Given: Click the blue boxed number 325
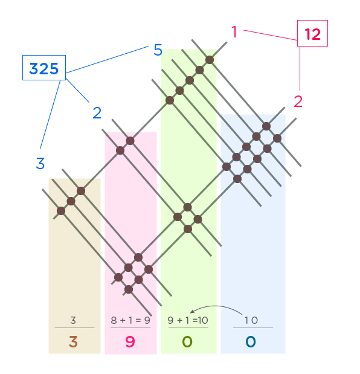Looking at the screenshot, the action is (x=44, y=68).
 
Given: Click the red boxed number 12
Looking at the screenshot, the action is (x=312, y=34).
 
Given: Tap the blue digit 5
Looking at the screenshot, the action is (x=158, y=50).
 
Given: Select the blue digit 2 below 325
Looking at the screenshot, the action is (x=97, y=112).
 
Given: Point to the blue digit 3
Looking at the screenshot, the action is (x=40, y=163).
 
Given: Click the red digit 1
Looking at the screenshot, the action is (x=234, y=31).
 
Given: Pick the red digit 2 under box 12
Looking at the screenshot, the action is (x=298, y=102).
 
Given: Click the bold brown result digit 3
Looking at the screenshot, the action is (x=73, y=341).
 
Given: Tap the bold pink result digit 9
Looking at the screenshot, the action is (x=130, y=341).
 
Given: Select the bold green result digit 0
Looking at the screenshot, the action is (x=187, y=341).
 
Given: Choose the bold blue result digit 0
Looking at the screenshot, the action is (x=251, y=341).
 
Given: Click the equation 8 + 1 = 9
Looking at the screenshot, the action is (x=130, y=320).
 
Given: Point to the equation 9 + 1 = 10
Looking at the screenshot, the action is (x=188, y=320).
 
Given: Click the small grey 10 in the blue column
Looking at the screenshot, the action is (x=251, y=320).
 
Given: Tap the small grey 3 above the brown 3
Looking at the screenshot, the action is (x=73, y=320).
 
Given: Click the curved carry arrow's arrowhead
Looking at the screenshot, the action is (x=192, y=311).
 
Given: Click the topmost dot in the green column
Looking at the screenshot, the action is (x=210, y=60).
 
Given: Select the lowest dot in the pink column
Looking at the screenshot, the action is (x=129, y=289).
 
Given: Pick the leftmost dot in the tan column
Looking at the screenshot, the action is (x=61, y=211).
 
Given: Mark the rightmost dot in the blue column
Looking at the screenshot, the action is (x=277, y=138).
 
